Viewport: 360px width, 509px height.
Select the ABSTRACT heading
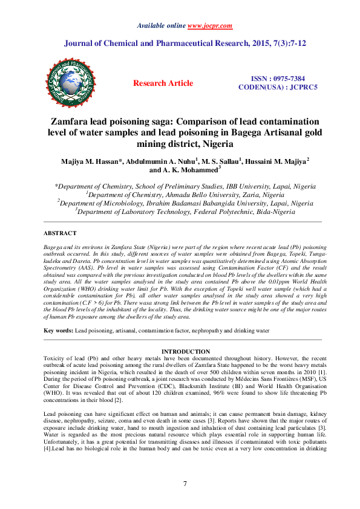60,233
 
